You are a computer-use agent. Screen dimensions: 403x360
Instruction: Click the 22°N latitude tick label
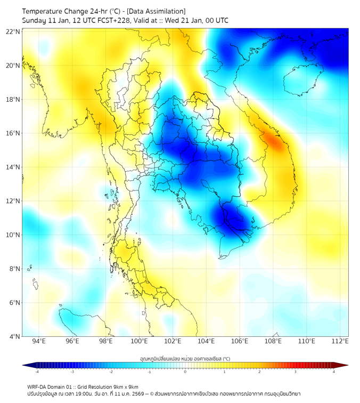tap(13, 31)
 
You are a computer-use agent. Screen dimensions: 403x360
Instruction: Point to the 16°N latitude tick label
tap(13, 133)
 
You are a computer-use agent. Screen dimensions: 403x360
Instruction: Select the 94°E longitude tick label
tap(39, 341)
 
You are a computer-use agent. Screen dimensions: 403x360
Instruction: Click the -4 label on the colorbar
tap(37, 372)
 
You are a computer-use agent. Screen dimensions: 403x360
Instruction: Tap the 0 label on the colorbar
tap(185, 372)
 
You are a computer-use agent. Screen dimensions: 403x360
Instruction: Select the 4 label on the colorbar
tap(333, 372)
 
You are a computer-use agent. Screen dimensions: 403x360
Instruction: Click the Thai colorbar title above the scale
tap(185, 358)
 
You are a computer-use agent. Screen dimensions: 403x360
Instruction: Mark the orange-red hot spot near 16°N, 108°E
tap(275, 141)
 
